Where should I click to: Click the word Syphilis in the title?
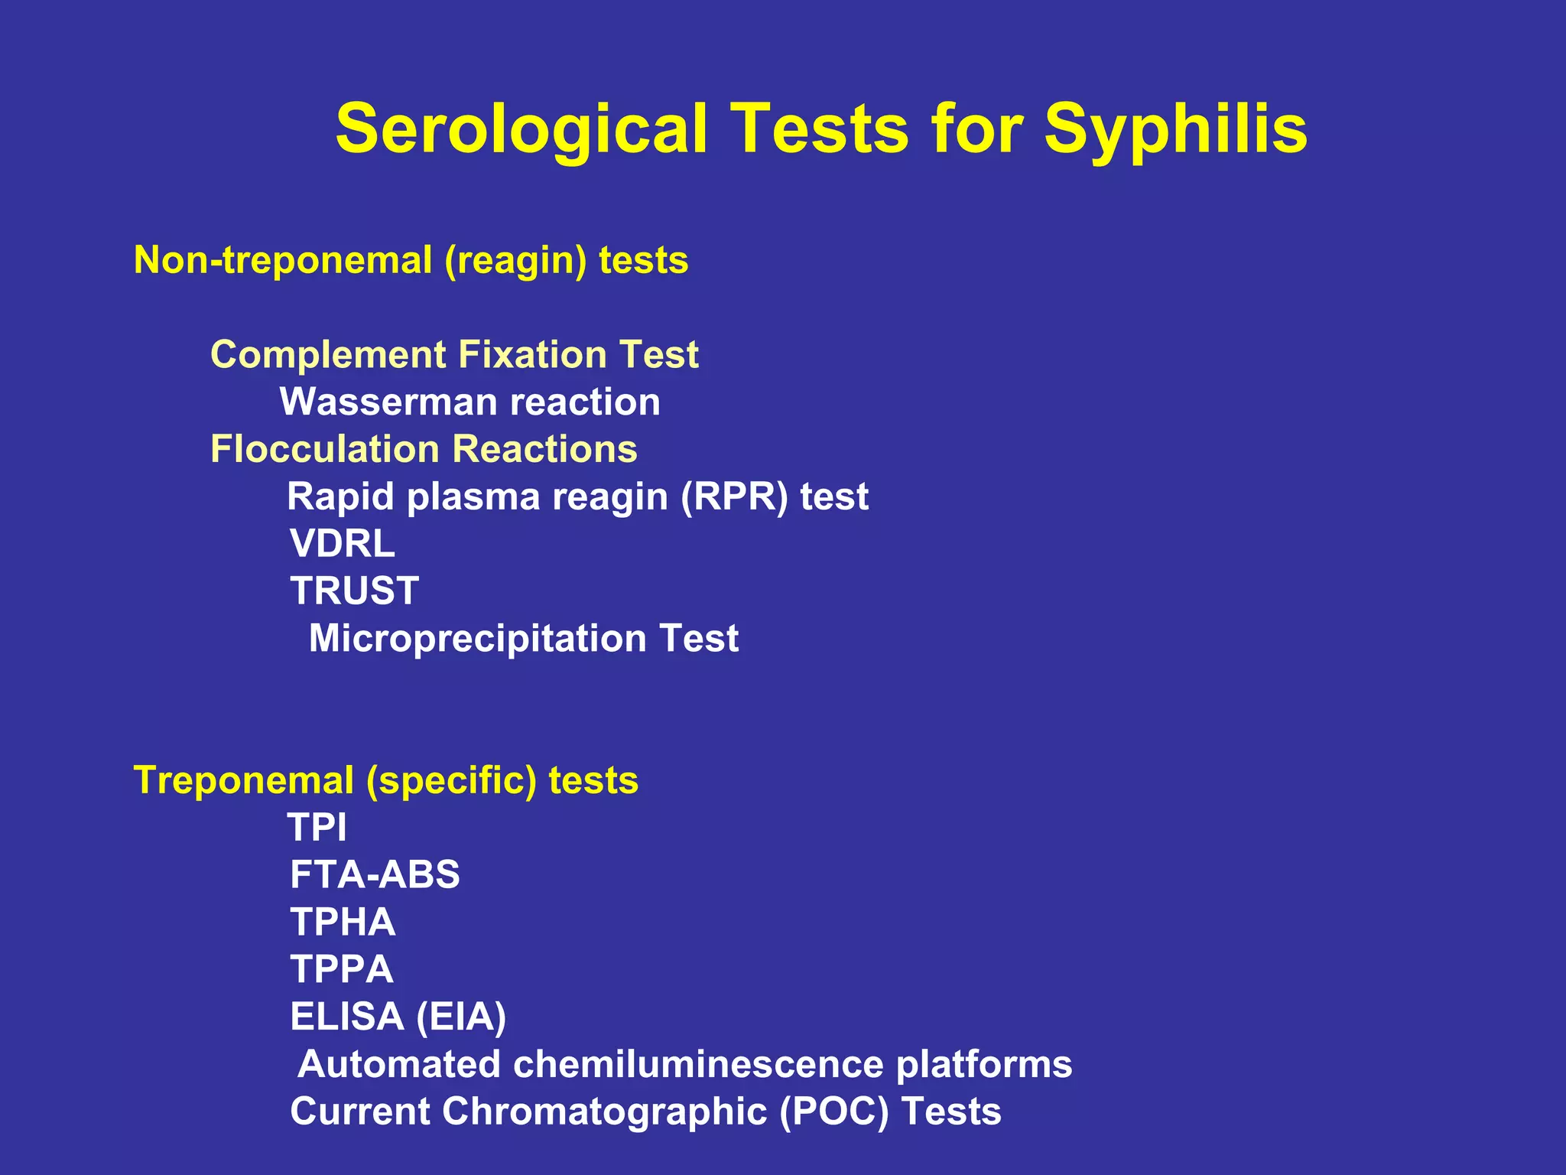[1175, 129]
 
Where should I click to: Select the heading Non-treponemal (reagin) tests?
[411, 260]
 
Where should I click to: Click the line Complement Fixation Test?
[454, 355]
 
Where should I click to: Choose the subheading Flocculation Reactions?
[424, 449]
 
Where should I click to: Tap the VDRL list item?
[343, 544]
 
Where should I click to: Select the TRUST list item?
[355, 591]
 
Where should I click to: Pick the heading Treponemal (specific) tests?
[385, 781]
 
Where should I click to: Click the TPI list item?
[317, 828]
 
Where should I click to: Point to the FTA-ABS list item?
[375, 875]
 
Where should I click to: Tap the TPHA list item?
[343, 923]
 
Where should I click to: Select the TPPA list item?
[342, 970]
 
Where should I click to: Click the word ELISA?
[347, 1017]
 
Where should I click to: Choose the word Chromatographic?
[604, 1112]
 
